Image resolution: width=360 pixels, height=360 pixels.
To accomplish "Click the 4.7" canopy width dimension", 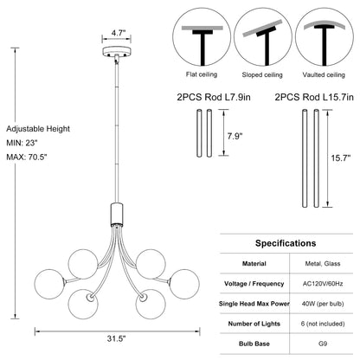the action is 117,33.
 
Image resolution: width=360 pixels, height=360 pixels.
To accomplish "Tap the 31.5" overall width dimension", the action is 117,338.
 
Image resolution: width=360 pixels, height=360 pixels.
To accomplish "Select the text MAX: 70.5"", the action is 27,157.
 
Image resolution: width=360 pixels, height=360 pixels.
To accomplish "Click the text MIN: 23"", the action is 22,143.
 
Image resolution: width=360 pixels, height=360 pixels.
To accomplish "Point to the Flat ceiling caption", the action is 202,74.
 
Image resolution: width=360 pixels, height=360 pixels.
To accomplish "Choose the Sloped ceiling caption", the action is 262,75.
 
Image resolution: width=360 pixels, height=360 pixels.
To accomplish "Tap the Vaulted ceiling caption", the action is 324,75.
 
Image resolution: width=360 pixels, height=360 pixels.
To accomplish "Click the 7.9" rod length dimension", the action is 235,136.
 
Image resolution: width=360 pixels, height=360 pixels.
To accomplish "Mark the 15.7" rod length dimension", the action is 340,157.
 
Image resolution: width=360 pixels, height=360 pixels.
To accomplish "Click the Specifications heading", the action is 286,243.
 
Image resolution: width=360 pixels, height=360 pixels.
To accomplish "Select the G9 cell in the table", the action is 323,344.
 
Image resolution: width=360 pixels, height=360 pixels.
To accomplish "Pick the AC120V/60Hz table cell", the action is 323,284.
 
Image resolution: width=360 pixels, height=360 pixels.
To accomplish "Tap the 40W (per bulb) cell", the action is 323,304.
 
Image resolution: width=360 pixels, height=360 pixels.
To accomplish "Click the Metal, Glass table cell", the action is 323,264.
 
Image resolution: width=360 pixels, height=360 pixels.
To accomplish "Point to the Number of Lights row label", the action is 254,324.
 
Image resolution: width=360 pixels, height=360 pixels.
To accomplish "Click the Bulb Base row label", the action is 254,344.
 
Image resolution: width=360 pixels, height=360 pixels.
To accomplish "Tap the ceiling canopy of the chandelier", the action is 117,51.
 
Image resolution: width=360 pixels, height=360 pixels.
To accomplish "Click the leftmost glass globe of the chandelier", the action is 49,283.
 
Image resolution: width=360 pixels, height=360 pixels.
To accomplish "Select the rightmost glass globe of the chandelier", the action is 184,284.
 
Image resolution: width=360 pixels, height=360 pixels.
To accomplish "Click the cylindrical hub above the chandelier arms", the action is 117,213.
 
